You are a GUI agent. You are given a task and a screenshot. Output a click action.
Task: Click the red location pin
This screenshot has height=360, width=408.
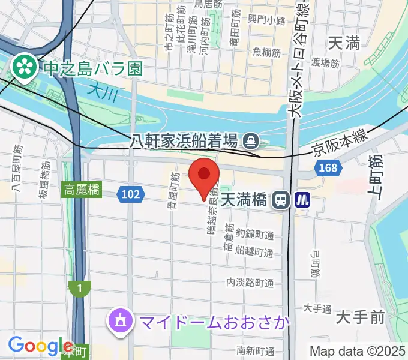[204, 176]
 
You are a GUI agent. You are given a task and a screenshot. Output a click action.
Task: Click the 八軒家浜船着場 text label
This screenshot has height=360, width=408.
[184, 142]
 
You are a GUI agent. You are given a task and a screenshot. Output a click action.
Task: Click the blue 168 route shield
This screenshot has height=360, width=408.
[328, 168]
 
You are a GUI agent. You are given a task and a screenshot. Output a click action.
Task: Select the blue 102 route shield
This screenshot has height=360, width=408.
[130, 193]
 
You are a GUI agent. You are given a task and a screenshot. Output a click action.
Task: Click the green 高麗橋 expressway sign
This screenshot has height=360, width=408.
[82, 191]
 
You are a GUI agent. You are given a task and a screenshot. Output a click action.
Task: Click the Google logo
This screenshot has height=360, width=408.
[41, 346]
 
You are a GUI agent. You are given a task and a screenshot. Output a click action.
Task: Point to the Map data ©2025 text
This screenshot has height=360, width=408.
[358, 351]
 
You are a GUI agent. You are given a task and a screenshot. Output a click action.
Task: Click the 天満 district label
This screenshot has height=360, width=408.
[344, 43]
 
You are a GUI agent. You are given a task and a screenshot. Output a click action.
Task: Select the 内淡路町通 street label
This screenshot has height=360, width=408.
[250, 282]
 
